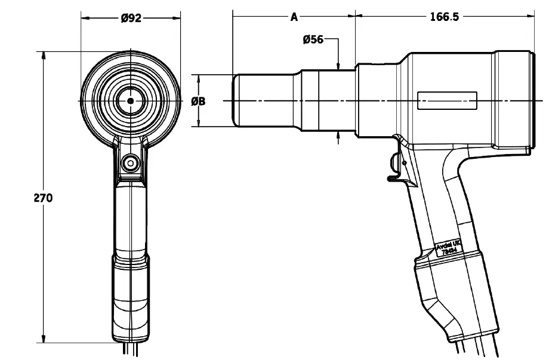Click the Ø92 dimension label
click(x=131, y=18)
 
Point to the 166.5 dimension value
click(x=444, y=17)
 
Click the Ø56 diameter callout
click(x=313, y=40)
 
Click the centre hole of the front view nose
click(x=130, y=101)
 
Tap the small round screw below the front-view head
click(x=130, y=162)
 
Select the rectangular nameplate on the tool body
click(x=448, y=100)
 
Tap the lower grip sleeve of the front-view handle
click(x=130, y=293)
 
